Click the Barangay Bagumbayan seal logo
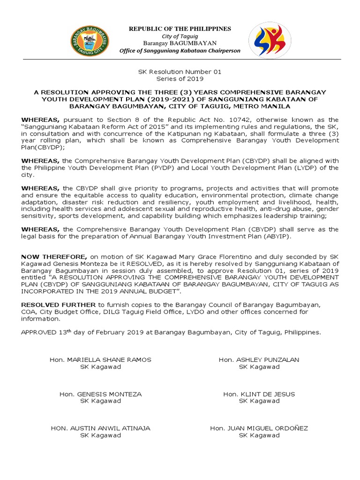click(x=89, y=40)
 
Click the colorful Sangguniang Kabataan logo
click(x=267, y=40)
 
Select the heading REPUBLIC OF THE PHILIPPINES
click(x=180, y=29)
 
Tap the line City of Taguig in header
click(x=180, y=37)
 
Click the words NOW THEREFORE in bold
click(x=54, y=257)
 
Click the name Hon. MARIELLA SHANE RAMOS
click(x=100, y=360)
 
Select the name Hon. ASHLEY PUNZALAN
click(x=259, y=360)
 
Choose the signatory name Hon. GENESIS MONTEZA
click(x=100, y=394)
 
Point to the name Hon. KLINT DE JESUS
click(x=259, y=394)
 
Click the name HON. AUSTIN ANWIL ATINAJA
click(x=100, y=428)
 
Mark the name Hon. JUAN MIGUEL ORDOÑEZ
click(x=259, y=428)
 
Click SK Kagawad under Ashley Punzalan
click(x=259, y=367)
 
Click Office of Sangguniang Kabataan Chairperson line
click(x=180, y=51)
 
